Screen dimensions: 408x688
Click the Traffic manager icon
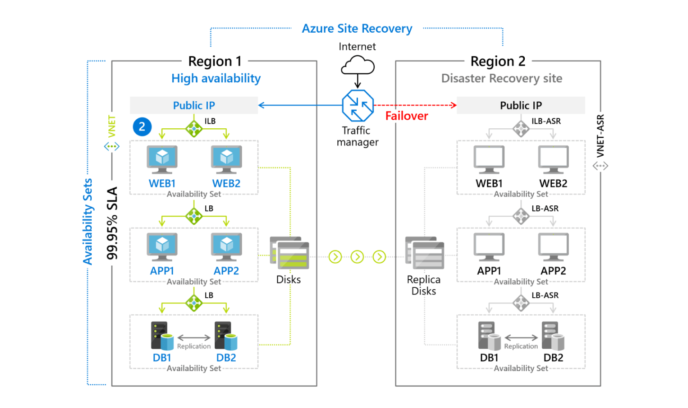pos(358,106)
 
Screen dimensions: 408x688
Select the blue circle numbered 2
pos(142,127)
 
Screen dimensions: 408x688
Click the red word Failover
pos(406,116)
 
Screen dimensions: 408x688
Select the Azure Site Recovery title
pos(357,29)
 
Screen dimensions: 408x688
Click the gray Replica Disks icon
pos(425,253)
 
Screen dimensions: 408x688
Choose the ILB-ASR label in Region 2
pos(546,121)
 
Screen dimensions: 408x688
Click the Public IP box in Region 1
pos(194,106)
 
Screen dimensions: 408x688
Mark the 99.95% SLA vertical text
pos(112,223)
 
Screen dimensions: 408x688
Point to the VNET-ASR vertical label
pos(600,136)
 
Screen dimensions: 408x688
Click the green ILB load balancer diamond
pos(194,128)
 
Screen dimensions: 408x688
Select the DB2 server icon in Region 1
pos(226,337)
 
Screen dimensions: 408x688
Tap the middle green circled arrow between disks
pos(357,257)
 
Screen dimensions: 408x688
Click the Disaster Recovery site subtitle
pos(502,79)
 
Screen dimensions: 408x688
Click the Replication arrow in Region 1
pos(194,337)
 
